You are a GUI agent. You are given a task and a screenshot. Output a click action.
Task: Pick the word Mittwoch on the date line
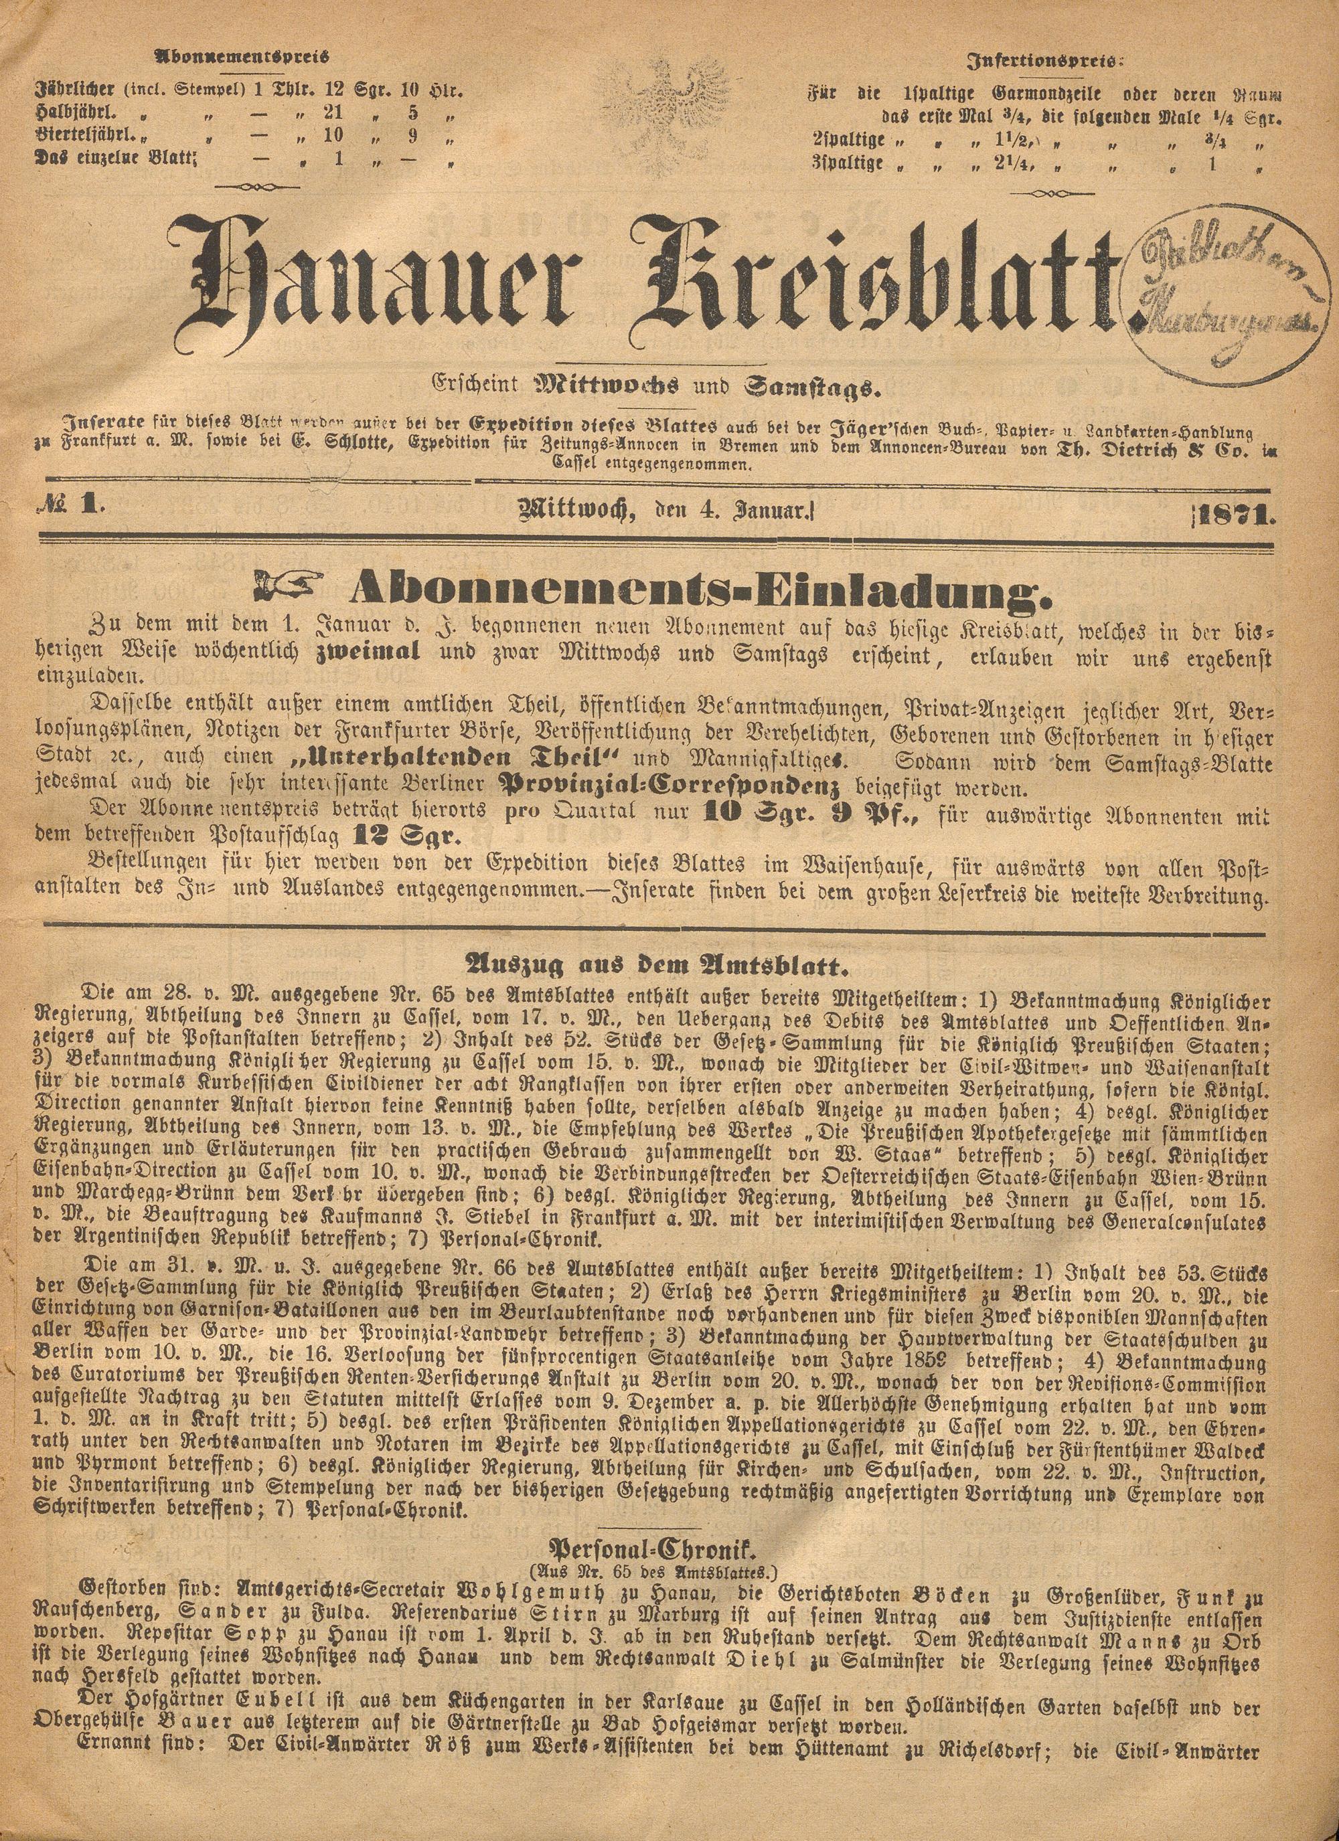pos(576,512)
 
